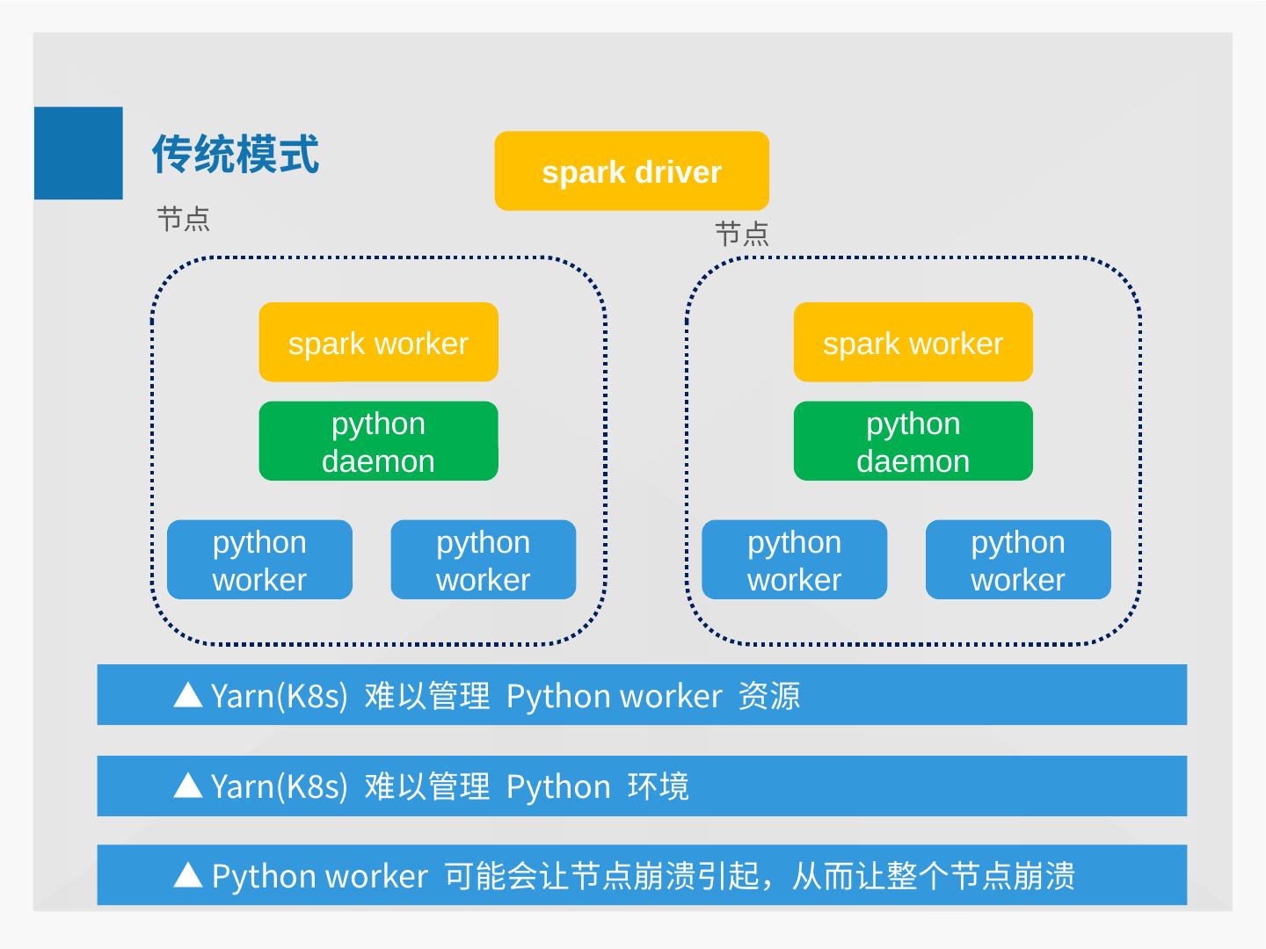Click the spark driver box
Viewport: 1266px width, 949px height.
(x=631, y=171)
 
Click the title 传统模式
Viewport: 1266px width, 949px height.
(x=235, y=155)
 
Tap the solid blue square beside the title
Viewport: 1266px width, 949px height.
(x=78, y=153)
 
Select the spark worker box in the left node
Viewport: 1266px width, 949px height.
(x=378, y=343)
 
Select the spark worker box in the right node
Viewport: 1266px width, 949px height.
(x=913, y=343)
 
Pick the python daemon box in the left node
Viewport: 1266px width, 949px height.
(x=378, y=441)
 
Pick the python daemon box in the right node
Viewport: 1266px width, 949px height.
(x=913, y=441)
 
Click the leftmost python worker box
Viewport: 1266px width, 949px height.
(x=259, y=560)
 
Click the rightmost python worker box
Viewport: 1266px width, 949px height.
(x=1017, y=560)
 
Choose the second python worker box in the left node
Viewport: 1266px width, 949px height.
(x=483, y=560)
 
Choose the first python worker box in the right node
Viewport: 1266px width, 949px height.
(x=794, y=560)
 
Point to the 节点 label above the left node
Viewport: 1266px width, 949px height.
(x=183, y=219)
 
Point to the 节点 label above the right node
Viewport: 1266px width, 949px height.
(x=742, y=235)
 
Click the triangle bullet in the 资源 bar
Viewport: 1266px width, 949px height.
(x=188, y=695)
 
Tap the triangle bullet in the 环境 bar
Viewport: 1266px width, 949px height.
(x=188, y=786)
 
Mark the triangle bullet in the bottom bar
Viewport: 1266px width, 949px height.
(x=188, y=875)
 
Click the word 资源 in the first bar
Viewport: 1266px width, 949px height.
(x=769, y=696)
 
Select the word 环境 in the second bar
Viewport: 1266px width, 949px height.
(x=658, y=786)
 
